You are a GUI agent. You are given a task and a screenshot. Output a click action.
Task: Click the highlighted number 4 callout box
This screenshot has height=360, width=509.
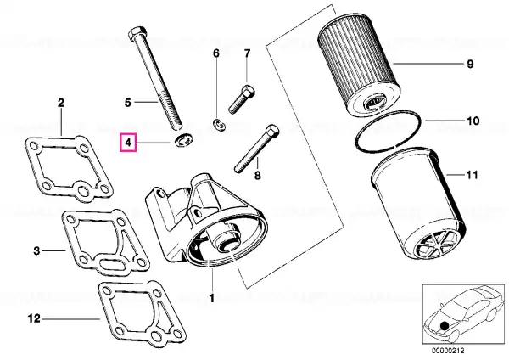128,143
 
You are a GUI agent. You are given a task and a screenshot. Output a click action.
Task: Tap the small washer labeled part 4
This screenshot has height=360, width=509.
184,140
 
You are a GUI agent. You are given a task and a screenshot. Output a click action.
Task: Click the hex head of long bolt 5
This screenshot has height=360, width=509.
138,33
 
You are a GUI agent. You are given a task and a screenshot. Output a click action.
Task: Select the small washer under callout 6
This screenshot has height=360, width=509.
219,125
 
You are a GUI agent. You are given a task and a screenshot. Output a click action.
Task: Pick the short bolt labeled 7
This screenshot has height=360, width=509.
243,98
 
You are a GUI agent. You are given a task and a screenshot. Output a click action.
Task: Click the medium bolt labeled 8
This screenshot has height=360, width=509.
256,149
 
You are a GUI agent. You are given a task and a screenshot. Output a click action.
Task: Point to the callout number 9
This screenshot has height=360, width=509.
470,64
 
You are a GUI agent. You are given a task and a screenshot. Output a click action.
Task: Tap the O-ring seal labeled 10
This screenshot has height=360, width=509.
389,131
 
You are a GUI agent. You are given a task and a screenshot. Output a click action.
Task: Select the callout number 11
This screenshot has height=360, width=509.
472,175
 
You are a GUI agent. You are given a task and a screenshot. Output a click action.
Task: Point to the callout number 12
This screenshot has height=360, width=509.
34,318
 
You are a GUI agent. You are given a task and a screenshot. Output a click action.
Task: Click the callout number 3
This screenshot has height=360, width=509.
36,250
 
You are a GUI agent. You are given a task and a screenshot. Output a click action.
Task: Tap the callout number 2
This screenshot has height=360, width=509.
61,103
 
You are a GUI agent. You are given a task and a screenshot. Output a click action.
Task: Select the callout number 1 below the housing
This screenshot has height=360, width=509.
211,298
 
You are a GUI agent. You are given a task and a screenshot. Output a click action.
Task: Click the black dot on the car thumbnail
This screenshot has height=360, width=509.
444,325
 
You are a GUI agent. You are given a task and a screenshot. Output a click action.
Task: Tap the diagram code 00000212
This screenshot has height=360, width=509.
448,351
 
